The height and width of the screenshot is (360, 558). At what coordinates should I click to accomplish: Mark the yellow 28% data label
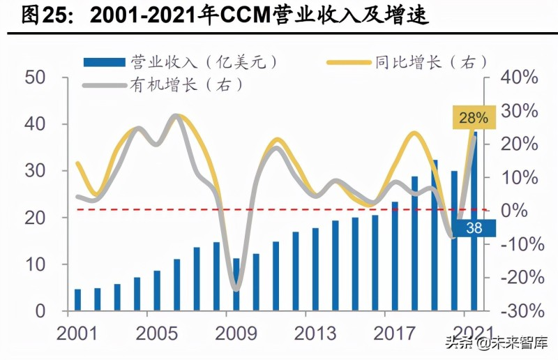pyautogui.click(x=474, y=117)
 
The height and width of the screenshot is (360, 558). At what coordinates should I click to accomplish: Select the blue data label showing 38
pyautogui.click(x=474, y=229)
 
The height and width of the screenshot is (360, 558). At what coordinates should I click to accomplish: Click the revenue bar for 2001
pyautogui.click(x=77, y=300)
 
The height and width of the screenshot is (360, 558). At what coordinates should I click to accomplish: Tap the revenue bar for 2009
pyautogui.click(x=236, y=284)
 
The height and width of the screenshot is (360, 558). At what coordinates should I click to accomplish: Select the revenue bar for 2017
pyautogui.click(x=395, y=256)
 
